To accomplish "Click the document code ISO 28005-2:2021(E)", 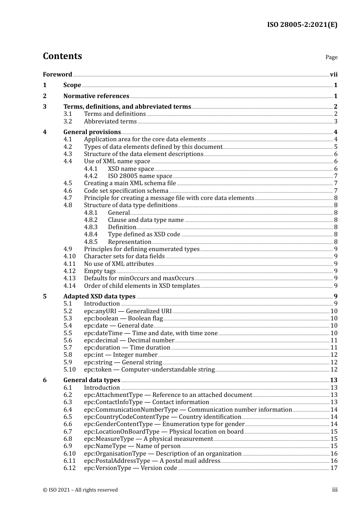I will pyautogui.click(x=302, y=25).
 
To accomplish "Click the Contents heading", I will pyautogui.click(x=62, y=56).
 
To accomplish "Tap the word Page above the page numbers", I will pyautogui.click(x=331, y=57).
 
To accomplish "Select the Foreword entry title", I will pyautogui.click(x=57, y=75).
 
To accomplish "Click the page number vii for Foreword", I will pyautogui.click(x=333, y=75).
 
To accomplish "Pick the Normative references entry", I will pyautogui.click(x=96, y=96).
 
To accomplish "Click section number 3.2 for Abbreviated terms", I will pyautogui.click(x=68, y=122).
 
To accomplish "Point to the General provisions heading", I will pyautogui.click(x=92, y=132).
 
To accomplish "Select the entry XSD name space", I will pyautogui.click(x=131, y=169).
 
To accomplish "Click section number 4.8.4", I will pyautogui.click(x=91, y=234).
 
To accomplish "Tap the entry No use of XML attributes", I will pyautogui.click(x=119, y=264).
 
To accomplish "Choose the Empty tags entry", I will pyautogui.click(x=100, y=271).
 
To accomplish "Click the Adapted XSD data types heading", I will pyautogui.click(x=99, y=297).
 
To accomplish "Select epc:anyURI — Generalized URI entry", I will pyautogui.click(x=128, y=311).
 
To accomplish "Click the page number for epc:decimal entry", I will pyautogui.click(x=334, y=340).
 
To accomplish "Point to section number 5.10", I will pyautogui.click(x=69, y=370).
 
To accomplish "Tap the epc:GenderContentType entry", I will pyautogui.click(x=164, y=424).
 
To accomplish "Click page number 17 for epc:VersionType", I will pyautogui.click(x=334, y=468).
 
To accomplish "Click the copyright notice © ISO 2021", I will pyautogui.click(x=80, y=490).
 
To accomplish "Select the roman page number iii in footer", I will pyautogui.click(x=335, y=490).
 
